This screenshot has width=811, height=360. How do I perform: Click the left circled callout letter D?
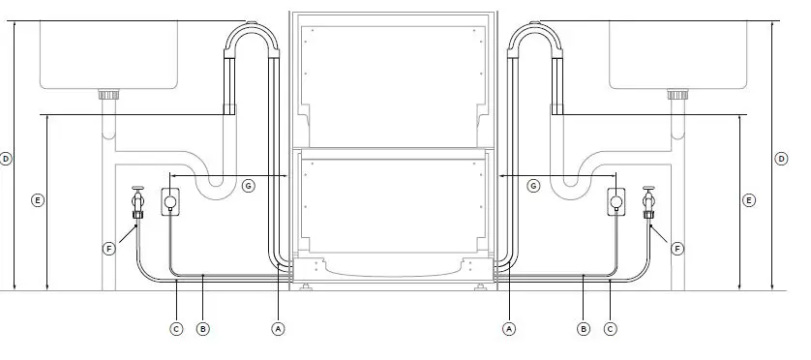pyautogui.click(x=7, y=158)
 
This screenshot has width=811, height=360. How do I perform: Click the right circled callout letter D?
pyautogui.click(x=780, y=158)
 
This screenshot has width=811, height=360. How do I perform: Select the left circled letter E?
pyautogui.click(x=38, y=200)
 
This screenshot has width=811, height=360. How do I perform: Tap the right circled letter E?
pyautogui.click(x=748, y=200)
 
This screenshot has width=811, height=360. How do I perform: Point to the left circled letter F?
pyautogui.click(x=108, y=249)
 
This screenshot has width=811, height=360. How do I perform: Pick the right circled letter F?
pyautogui.click(x=677, y=249)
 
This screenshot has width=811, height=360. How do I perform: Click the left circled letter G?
pyautogui.click(x=249, y=185)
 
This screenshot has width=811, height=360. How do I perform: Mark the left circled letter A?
pyautogui.click(x=279, y=329)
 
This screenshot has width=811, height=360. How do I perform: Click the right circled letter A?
pyautogui.click(x=509, y=329)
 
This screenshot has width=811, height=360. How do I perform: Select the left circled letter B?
pyautogui.click(x=202, y=329)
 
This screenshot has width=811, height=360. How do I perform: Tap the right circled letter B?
pyautogui.click(x=584, y=329)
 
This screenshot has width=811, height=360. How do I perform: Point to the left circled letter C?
pyautogui.click(x=176, y=329)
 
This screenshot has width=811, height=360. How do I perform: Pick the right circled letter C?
pyautogui.click(x=610, y=329)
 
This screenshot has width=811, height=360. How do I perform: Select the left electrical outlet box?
pyautogui.click(x=169, y=201)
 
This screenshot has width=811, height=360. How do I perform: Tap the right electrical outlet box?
pyautogui.click(x=616, y=201)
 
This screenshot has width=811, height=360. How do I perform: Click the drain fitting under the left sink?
pyautogui.click(x=109, y=95)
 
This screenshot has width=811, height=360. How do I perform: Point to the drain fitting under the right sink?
pyautogui.click(x=677, y=95)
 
